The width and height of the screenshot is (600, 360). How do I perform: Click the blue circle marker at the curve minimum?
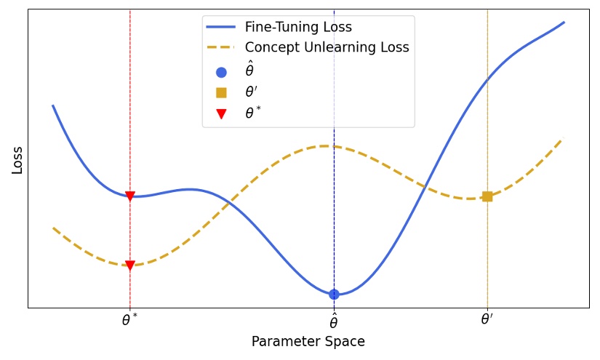[334, 295]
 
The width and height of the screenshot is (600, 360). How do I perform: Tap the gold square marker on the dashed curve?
[487, 196]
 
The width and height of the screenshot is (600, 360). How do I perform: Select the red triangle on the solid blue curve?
[130, 196]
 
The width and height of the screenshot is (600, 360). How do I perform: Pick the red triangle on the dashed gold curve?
[130, 265]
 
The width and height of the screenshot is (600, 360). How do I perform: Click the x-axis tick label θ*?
[130, 320]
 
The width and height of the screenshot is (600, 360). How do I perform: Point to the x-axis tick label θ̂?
[334, 321]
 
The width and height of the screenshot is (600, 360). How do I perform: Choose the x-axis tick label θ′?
[487, 320]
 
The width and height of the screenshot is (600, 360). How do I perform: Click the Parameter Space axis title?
[308, 342]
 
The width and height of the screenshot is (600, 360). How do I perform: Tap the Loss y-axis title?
[17, 160]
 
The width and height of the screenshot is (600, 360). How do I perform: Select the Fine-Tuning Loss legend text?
[298, 28]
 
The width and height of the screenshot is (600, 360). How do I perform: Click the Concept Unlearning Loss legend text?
[327, 48]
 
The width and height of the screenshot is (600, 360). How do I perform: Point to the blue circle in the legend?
[221, 72]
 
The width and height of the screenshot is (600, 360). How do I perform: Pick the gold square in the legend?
[221, 92]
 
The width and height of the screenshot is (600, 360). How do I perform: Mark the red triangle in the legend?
[221, 113]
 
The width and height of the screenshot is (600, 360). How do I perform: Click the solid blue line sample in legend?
[221, 28]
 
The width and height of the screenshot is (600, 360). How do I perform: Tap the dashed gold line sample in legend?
[221, 48]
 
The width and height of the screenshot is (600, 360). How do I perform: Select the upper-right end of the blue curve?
[564, 23]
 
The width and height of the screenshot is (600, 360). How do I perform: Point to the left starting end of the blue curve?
[53, 106]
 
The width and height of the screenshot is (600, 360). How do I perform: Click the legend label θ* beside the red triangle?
[253, 113]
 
